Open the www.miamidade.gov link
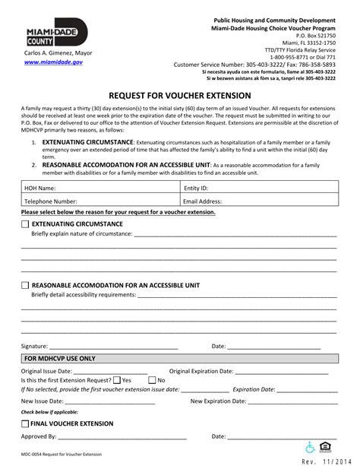[52, 62]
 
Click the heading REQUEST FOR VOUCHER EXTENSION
[179, 96]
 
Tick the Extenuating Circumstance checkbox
[25, 225]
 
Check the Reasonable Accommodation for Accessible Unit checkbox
[25, 285]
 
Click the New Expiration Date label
[218, 401]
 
